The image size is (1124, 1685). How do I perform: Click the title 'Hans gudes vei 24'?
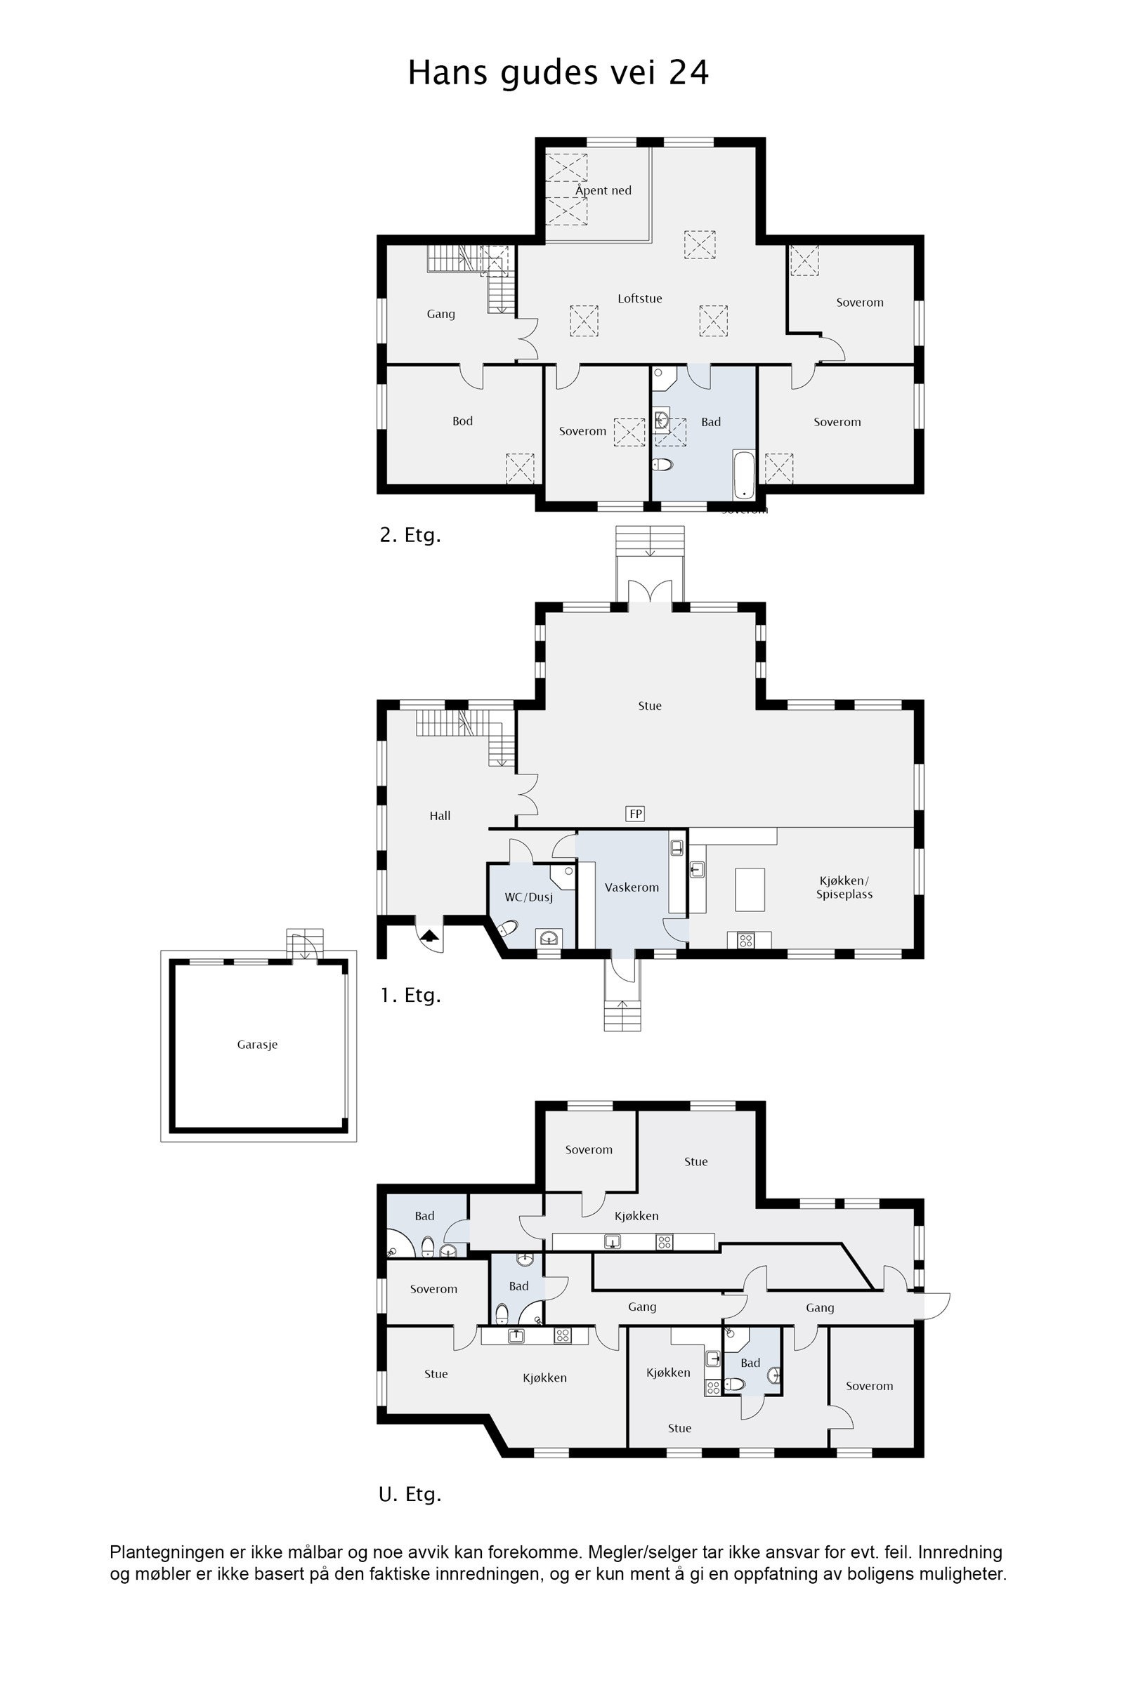click(x=558, y=73)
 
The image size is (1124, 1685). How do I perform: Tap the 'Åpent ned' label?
click(x=603, y=190)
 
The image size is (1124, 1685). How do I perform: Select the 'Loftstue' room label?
click(x=639, y=299)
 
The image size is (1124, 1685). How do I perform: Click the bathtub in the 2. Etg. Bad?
click(x=743, y=475)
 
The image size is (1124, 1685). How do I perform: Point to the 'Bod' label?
click(x=462, y=421)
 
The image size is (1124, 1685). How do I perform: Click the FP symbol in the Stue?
click(x=635, y=813)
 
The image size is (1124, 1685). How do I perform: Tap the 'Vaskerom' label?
click(x=631, y=887)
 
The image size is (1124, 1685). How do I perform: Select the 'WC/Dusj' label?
click(x=529, y=897)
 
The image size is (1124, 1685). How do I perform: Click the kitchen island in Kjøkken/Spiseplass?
click(x=750, y=889)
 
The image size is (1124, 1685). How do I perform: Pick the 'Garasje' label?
click(x=257, y=1045)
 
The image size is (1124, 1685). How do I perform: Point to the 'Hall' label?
click(x=440, y=816)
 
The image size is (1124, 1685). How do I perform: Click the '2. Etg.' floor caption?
click(x=410, y=535)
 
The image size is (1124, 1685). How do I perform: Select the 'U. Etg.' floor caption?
click(x=410, y=1495)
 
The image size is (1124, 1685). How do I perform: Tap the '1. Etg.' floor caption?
click(x=410, y=995)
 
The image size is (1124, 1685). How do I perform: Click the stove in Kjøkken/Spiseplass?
click(x=745, y=941)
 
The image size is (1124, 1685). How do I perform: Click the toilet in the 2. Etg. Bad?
click(x=662, y=465)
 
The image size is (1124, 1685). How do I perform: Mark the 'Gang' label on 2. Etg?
click(x=440, y=314)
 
